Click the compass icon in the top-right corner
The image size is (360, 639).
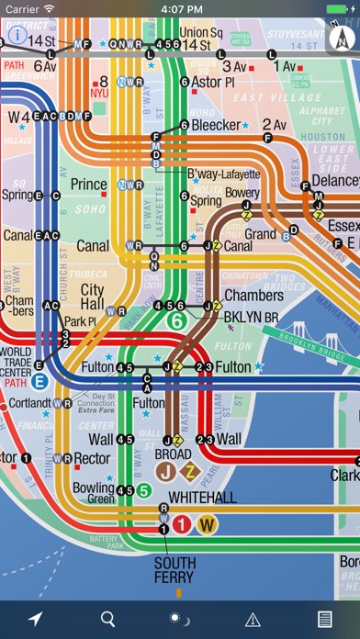tap(343, 38)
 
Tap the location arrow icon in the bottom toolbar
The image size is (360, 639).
tap(36, 620)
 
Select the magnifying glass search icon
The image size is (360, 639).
tap(108, 620)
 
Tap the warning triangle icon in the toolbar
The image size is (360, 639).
tap(253, 620)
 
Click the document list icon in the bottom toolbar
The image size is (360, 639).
tap(324, 620)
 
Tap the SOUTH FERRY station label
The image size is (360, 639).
tap(174, 570)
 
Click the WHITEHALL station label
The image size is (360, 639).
tap(201, 497)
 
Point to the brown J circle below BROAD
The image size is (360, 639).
tap(166, 472)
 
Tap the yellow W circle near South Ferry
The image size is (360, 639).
tap(208, 525)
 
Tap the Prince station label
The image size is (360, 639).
tap(89, 185)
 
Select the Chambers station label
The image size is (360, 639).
tap(253, 296)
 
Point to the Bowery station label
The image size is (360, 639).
tap(242, 194)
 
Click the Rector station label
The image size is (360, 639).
tap(92, 458)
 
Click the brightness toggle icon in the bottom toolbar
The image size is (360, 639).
tap(180, 620)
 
